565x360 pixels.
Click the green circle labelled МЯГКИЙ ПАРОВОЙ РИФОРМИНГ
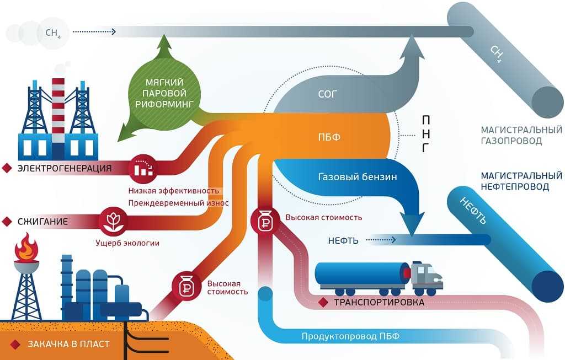coord(163,94)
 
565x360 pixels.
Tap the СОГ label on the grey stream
coord(327,94)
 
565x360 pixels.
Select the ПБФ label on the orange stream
coord(329,137)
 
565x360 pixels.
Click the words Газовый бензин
coord(358,177)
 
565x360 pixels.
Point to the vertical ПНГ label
coord(425,134)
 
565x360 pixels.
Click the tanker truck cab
coord(427,277)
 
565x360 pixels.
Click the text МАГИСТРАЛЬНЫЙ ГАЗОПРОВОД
coord(521,135)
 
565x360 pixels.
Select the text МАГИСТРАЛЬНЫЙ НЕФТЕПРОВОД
coord(521,181)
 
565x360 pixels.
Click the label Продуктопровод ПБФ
coord(350,337)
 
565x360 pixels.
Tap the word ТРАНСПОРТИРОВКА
coord(379,302)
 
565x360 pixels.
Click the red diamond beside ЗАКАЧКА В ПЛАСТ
coord(15,345)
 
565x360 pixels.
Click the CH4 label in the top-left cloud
coord(53,33)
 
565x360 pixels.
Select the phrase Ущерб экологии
coord(127,243)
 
